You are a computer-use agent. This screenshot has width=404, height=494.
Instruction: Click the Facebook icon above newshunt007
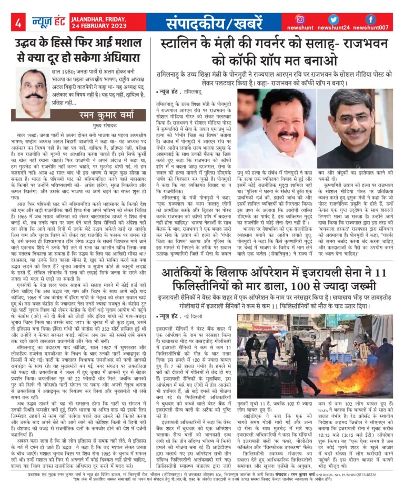(x=370, y=19)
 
